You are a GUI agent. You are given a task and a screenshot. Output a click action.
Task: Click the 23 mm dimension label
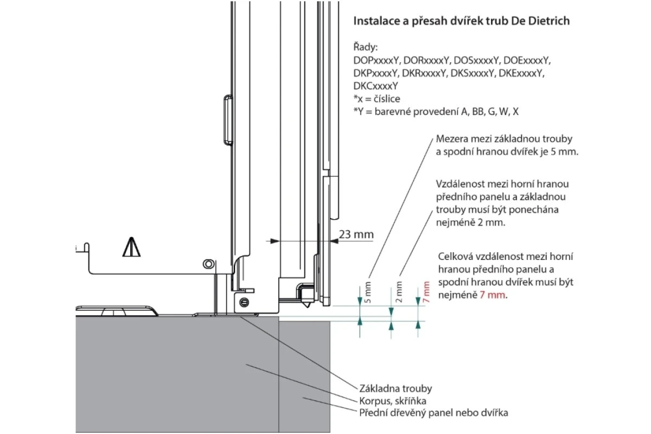[x=356, y=234]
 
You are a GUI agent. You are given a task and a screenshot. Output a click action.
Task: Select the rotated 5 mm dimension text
[x=368, y=292]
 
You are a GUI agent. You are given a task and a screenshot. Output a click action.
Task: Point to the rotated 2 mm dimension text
[x=399, y=292]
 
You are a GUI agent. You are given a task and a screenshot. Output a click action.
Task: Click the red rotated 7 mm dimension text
[x=426, y=292]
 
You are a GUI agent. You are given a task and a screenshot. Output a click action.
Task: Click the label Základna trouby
[x=395, y=388]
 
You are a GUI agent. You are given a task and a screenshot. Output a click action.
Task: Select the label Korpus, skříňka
[x=393, y=401]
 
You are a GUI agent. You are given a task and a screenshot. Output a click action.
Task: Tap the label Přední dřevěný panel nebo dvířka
[x=433, y=413]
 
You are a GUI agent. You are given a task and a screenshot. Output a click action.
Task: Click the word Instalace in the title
[x=376, y=21]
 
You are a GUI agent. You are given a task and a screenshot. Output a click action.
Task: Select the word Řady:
[x=365, y=47]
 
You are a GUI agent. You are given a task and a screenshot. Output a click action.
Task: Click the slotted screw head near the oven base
[x=244, y=303]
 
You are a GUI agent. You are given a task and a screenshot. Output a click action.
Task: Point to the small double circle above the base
[x=208, y=264]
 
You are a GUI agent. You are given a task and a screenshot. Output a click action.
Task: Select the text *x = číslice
[x=376, y=99]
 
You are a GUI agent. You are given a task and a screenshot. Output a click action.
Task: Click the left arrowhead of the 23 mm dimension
[x=275, y=241]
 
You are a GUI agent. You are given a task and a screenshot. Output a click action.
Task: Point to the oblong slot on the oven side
[x=228, y=120]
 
